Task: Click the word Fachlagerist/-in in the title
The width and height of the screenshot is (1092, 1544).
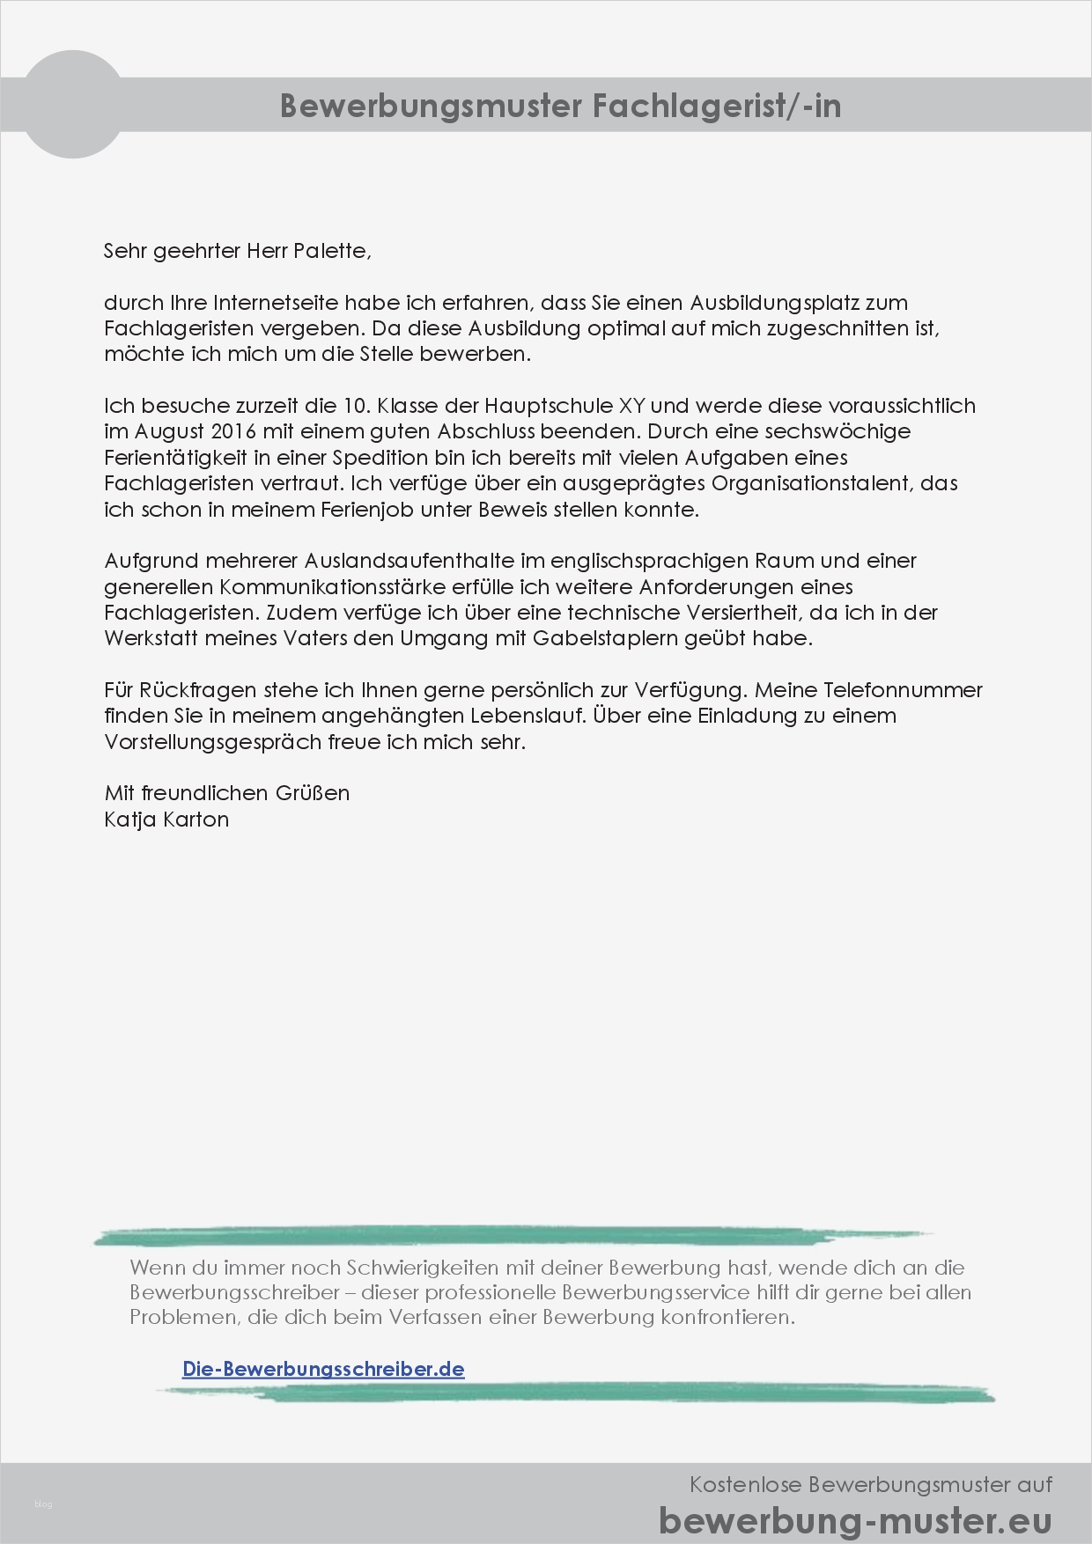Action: [716, 106]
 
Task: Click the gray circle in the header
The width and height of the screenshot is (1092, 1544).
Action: [72, 105]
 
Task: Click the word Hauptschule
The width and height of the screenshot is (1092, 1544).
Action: [548, 406]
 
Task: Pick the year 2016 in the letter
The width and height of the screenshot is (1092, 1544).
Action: [233, 431]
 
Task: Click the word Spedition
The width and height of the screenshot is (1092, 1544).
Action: [380, 458]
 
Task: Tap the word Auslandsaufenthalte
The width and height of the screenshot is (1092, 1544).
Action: [409, 561]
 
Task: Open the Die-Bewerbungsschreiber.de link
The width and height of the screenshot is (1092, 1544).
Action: [323, 1369]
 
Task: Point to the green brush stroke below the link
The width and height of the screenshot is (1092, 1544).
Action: [572, 1393]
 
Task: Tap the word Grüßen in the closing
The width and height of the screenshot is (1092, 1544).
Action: [313, 793]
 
